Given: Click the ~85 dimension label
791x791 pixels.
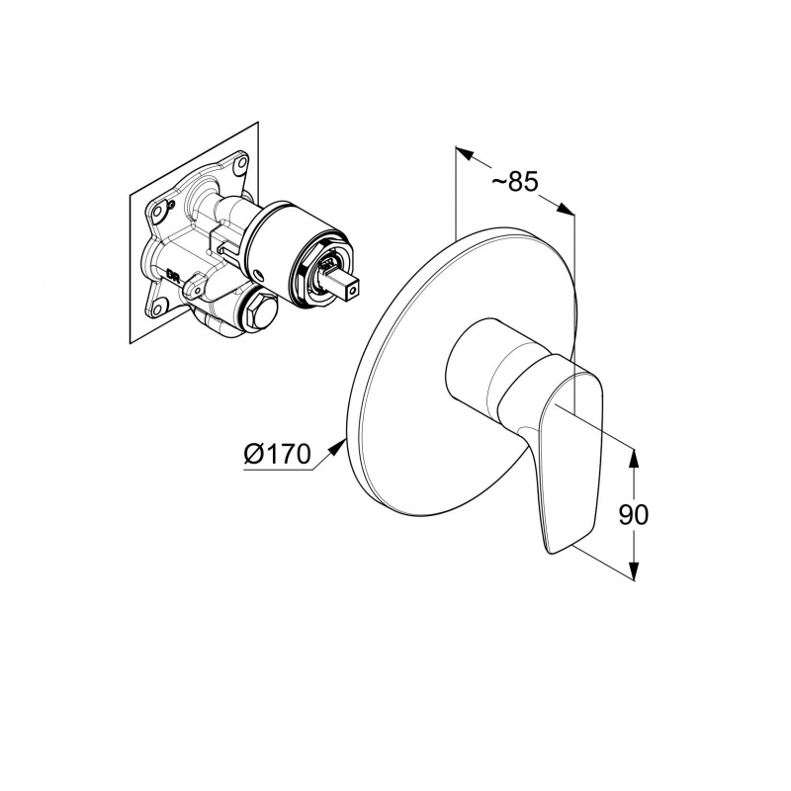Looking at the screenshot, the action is pos(515,182).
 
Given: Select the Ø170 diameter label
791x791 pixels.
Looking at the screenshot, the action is pos(277,454).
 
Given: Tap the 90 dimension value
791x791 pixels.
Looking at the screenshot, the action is pos(634,514).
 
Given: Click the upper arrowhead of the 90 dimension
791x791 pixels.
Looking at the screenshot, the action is pos(634,458).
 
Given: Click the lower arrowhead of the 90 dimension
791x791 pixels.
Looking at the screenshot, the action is pos(634,571).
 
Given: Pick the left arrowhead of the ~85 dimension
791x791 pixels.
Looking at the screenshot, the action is pos(465,153).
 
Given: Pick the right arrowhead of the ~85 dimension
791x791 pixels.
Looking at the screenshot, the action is pos(565,210).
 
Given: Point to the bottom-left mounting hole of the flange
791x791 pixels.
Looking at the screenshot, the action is pos(159,307).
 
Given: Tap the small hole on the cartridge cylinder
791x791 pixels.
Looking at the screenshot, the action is pos(259,275).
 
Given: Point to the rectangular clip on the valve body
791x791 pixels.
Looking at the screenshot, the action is pos(224,239).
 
